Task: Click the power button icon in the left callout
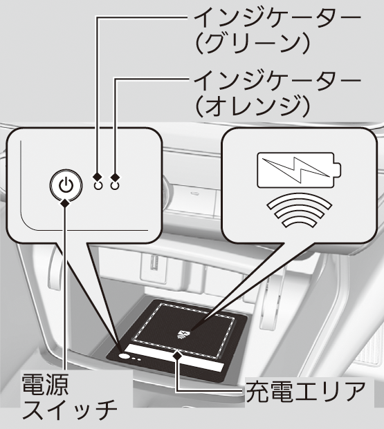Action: tap(66, 185)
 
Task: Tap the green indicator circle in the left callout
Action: tap(98, 186)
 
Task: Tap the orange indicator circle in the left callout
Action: tap(115, 186)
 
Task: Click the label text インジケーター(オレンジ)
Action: tap(277, 93)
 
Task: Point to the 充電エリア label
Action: tap(306, 391)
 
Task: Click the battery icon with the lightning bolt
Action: tap(299, 170)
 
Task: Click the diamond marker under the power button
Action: tap(65, 203)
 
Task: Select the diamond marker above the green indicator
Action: tap(98, 177)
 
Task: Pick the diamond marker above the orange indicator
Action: tap(115, 177)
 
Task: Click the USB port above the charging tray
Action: tap(154, 263)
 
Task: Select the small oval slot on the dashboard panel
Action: tap(195, 193)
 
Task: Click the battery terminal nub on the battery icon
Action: tap(338, 170)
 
